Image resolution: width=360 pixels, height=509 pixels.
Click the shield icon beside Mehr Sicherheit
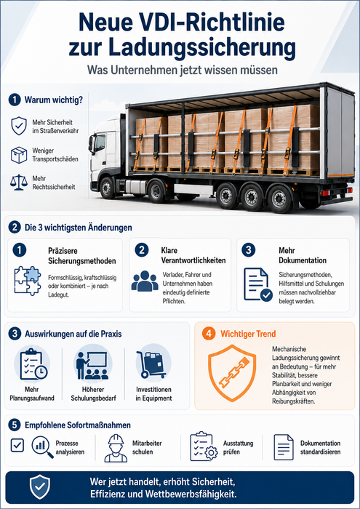(x=19, y=127)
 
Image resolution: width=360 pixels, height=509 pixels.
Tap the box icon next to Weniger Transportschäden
(x=19, y=155)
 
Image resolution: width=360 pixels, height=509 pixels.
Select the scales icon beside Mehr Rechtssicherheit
(x=19, y=183)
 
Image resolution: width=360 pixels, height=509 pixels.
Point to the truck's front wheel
(x=107, y=188)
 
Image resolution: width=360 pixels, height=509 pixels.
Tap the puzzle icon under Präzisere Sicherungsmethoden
(x=28, y=281)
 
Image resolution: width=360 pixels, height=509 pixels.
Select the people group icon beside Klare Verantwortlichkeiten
(x=145, y=281)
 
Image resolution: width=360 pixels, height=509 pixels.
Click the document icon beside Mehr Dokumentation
(x=258, y=284)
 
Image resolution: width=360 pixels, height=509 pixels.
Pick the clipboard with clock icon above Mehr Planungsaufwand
(x=33, y=364)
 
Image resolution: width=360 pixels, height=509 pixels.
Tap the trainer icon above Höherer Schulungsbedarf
(x=92, y=365)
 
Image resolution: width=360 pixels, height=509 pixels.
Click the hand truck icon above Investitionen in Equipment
(x=151, y=364)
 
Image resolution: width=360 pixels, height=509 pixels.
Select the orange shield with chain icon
(x=232, y=373)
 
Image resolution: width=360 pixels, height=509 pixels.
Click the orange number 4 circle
(x=209, y=334)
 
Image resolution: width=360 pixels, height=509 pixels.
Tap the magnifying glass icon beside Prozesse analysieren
(x=42, y=447)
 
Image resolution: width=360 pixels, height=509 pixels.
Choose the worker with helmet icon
(x=116, y=449)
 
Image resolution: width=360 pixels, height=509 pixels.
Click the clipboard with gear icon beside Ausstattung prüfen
(x=204, y=446)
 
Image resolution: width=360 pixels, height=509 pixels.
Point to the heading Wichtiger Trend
(x=248, y=334)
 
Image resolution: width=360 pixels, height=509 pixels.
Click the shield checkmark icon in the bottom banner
(x=40, y=486)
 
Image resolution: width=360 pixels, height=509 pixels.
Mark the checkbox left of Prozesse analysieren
(x=17, y=445)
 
